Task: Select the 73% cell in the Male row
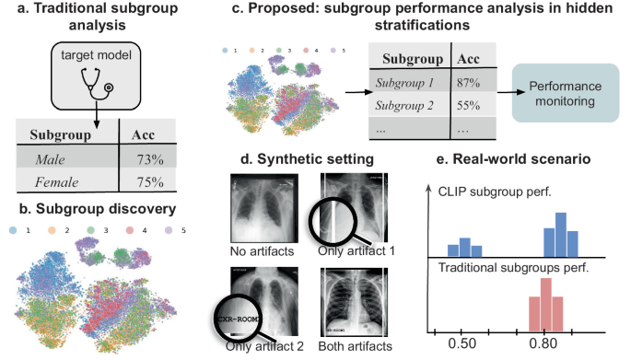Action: click(x=150, y=159)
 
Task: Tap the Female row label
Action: click(x=56, y=182)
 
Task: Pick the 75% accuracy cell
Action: click(x=150, y=182)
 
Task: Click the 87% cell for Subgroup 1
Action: click(x=469, y=83)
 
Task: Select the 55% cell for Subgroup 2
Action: click(x=469, y=105)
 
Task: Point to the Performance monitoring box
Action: click(x=566, y=93)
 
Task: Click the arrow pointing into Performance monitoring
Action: click(x=511, y=92)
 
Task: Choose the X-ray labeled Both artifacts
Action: click(x=354, y=302)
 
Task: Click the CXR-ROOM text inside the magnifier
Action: click(x=239, y=319)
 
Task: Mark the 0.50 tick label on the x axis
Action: click(x=462, y=343)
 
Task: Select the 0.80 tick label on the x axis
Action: click(x=543, y=343)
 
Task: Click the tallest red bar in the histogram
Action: click(x=545, y=305)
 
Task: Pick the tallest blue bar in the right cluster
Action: click(x=561, y=235)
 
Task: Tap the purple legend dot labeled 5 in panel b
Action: click(x=169, y=230)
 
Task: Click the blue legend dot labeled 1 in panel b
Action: click(x=13, y=230)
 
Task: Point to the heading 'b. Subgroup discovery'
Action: click(x=98, y=209)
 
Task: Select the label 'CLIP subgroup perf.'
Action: click(x=495, y=192)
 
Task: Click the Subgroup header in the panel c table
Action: click(x=413, y=59)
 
